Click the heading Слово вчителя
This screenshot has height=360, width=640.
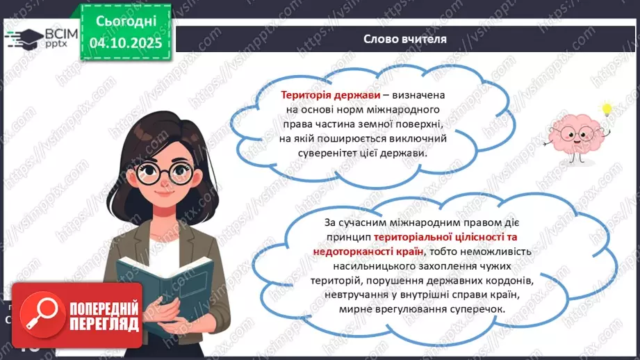tap(404, 39)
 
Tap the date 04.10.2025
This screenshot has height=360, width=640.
tap(125, 44)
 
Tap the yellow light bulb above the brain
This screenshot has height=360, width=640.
tap(607, 110)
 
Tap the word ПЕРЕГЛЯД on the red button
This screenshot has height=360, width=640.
tap(102, 324)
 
